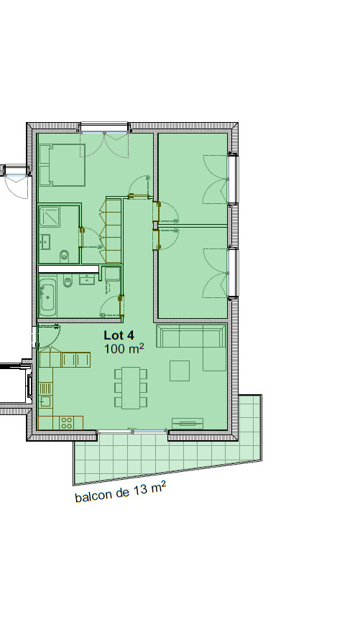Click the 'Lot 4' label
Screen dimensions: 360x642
[x=119, y=335]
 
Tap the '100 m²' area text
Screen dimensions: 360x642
[x=124, y=349]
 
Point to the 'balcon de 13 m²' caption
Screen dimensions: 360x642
[x=121, y=492]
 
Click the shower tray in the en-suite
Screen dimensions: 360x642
[x=50, y=217]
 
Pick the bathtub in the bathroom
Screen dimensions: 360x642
[x=47, y=295]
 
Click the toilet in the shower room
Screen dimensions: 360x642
[x=65, y=256]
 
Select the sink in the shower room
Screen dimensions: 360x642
[x=45, y=241]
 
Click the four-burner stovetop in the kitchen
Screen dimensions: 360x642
[x=66, y=423]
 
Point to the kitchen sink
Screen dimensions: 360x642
[x=45, y=401]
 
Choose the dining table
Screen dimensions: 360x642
[x=131, y=388]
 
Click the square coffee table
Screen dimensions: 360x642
[x=180, y=371]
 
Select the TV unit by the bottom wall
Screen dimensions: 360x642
[x=188, y=424]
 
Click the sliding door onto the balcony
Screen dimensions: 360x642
[x=132, y=432]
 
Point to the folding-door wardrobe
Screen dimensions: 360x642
[x=111, y=231]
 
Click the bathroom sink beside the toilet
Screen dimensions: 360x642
[x=87, y=279]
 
